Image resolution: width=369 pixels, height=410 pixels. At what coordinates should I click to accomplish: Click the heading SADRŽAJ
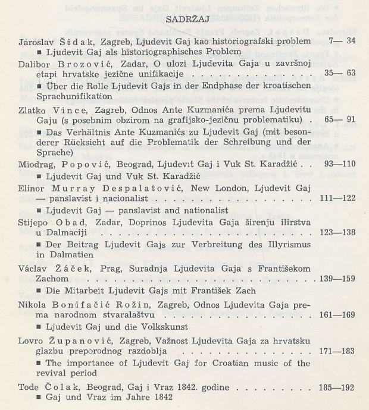tap(183, 19)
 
